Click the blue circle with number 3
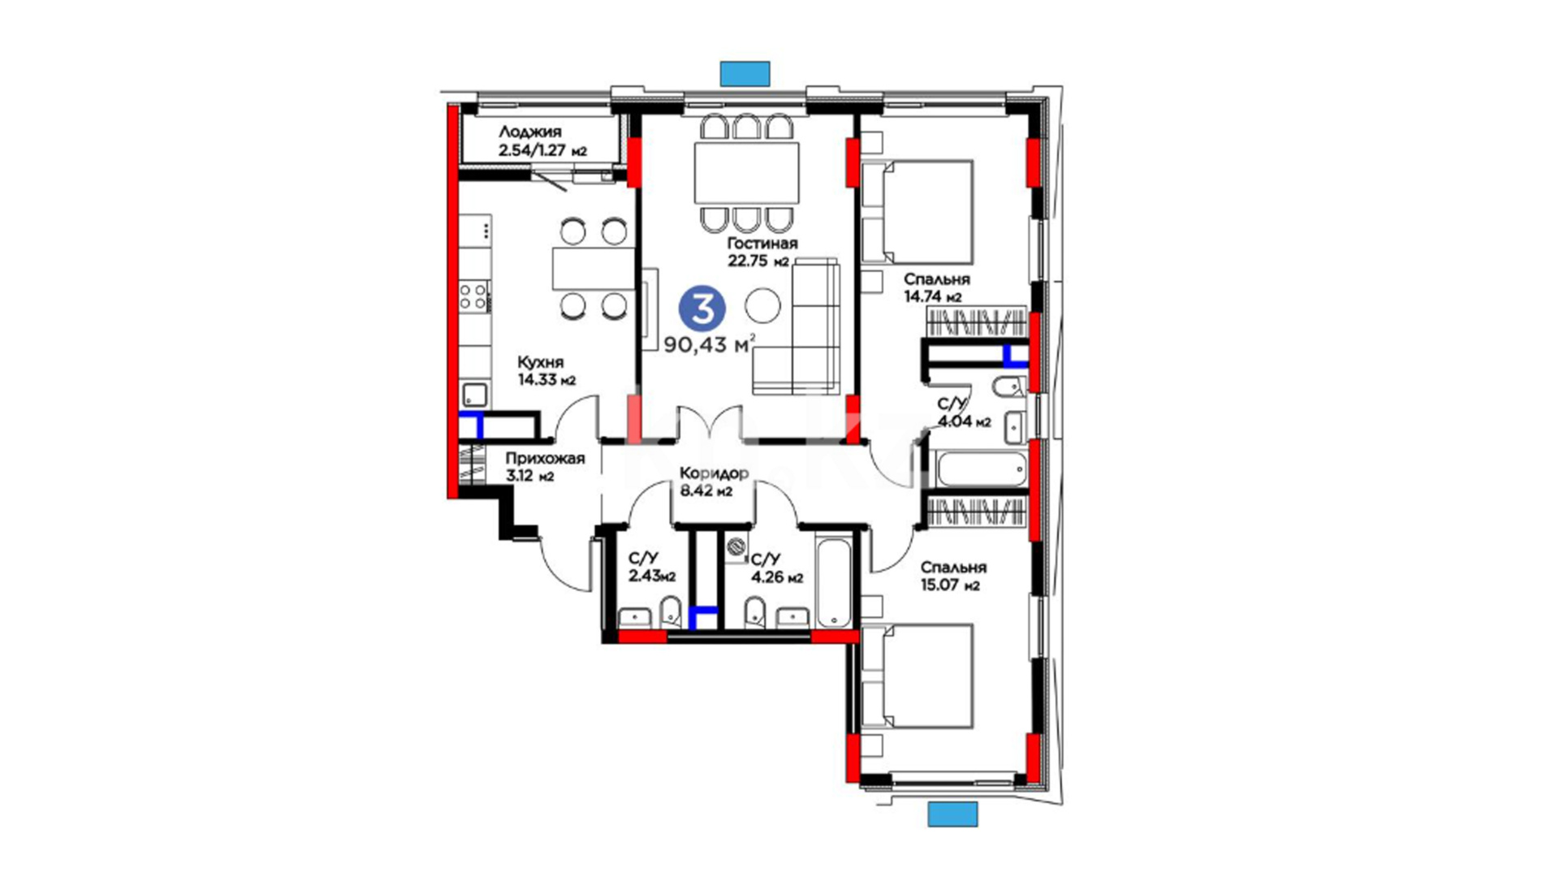pyautogui.click(x=702, y=309)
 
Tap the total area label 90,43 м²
pyautogui.click(x=710, y=344)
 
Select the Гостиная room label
pyautogui.click(x=762, y=243)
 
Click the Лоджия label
pyautogui.click(x=530, y=132)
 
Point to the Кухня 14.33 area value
pyautogui.click(x=547, y=380)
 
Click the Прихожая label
pyautogui.click(x=545, y=458)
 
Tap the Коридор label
pyautogui.click(x=714, y=473)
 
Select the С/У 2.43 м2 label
pyautogui.click(x=652, y=568)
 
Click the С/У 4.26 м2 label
pyautogui.click(x=777, y=568)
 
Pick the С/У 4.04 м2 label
pyautogui.click(x=964, y=413)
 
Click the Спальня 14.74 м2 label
pyautogui.click(x=937, y=287)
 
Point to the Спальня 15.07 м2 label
pyautogui.click(x=953, y=576)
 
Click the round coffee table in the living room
pyautogui.click(x=762, y=306)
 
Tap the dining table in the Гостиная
pyautogui.click(x=746, y=173)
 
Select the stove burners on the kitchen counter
pyautogui.click(x=474, y=296)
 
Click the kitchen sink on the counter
pyautogui.click(x=475, y=395)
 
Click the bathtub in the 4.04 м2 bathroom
pyautogui.click(x=982, y=469)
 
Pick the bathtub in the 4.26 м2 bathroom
pyautogui.click(x=834, y=581)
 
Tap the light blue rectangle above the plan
pyautogui.click(x=745, y=73)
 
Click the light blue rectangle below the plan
pyautogui.click(x=952, y=814)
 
